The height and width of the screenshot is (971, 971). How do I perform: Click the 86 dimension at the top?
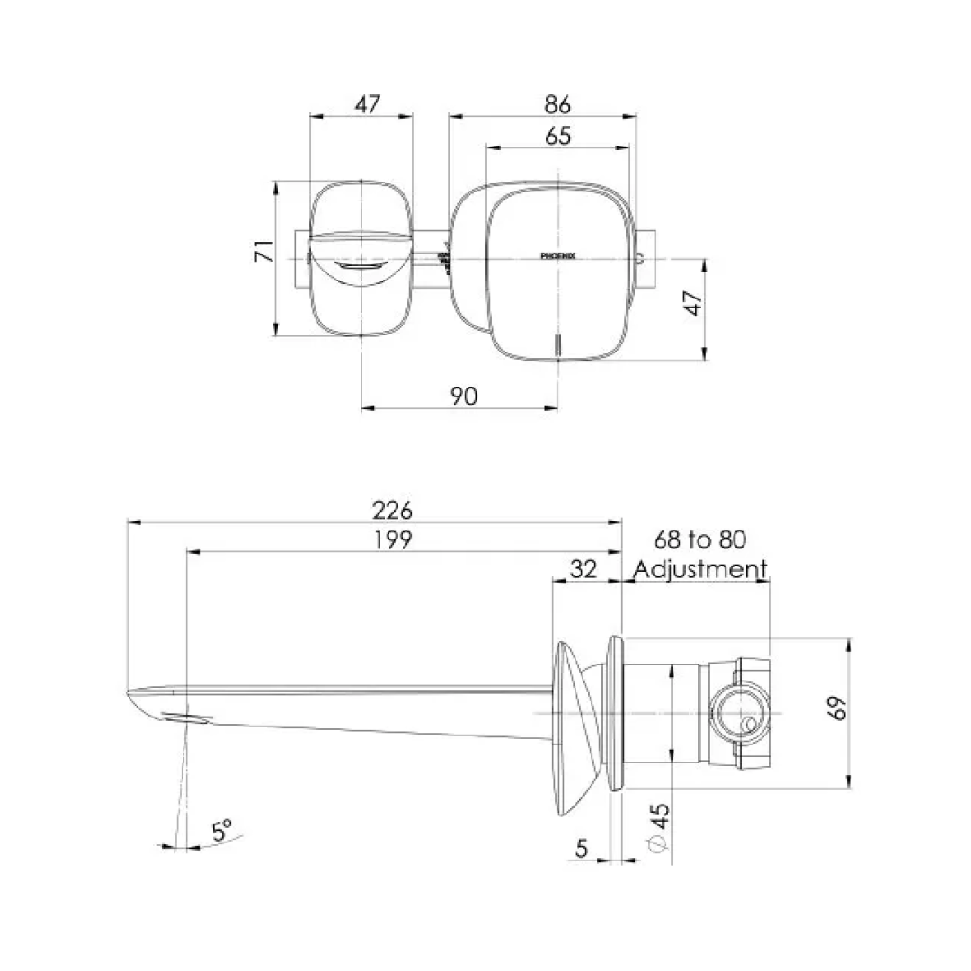[x=557, y=104]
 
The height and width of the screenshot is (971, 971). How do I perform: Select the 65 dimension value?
[x=557, y=136]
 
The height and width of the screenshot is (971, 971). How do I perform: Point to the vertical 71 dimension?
[x=262, y=251]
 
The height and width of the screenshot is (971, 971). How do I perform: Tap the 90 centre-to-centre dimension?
[x=463, y=396]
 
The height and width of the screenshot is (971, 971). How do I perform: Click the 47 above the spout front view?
[x=366, y=104]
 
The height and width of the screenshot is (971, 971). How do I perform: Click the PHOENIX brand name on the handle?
[x=557, y=256]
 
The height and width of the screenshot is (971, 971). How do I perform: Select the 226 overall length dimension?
[x=392, y=510]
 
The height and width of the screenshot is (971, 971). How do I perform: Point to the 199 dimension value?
[x=392, y=539]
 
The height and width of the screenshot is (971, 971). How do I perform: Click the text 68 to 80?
[x=699, y=539]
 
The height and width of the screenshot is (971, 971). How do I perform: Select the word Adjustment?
[x=699, y=569]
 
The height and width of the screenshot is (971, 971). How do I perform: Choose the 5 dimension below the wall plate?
[x=581, y=847]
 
